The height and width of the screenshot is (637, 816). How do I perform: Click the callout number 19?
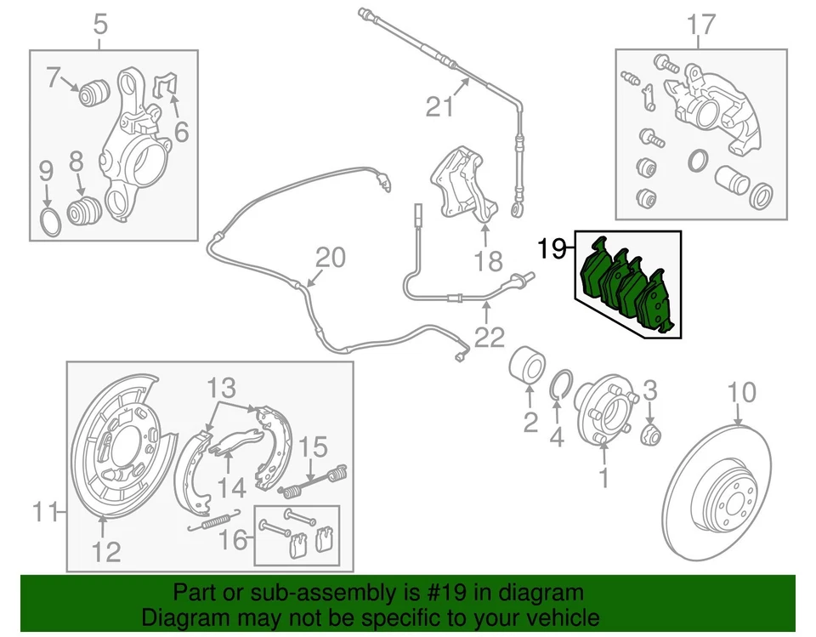pyautogui.click(x=552, y=249)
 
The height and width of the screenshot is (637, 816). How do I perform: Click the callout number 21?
pyautogui.click(x=441, y=108)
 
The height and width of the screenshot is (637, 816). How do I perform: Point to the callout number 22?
pyautogui.click(x=490, y=338)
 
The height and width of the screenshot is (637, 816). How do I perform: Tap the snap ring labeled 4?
pyautogui.click(x=560, y=385)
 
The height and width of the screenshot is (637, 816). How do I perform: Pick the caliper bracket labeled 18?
pyautogui.click(x=463, y=187)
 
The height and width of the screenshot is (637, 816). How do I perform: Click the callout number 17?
pyautogui.click(x=702, y=26)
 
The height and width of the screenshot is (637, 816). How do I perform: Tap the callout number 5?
pyautogui.click(x=100, y=26)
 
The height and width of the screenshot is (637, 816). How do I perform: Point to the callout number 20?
pyautogui.click(x=332, y=258)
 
